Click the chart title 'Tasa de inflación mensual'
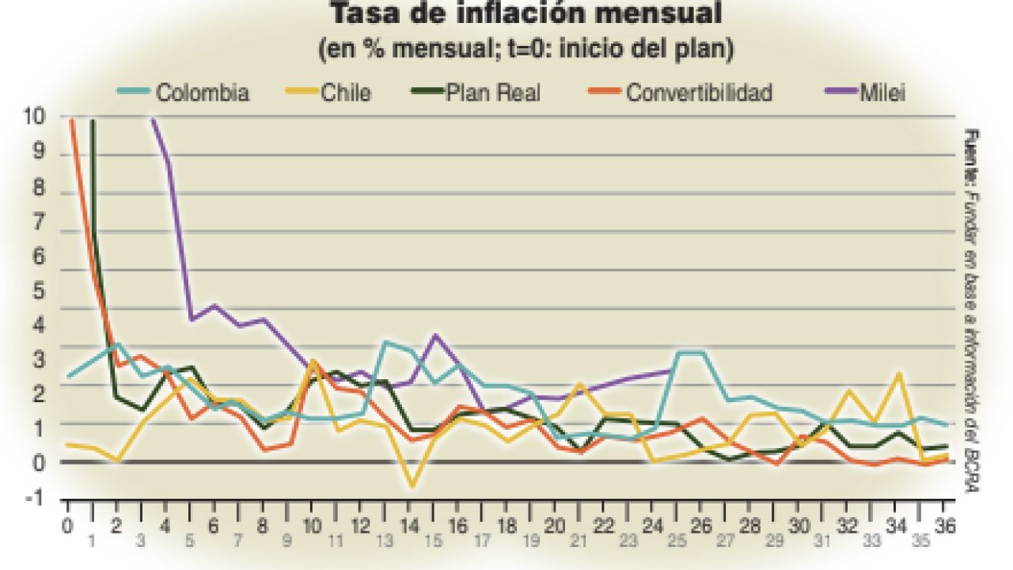click(x=525, y=14)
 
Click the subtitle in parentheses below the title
click(x=525, y=49)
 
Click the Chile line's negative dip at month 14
click(x=412, y=485)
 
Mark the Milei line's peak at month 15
click(x=435, y=335)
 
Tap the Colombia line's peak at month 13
click(x=385, y=342)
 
